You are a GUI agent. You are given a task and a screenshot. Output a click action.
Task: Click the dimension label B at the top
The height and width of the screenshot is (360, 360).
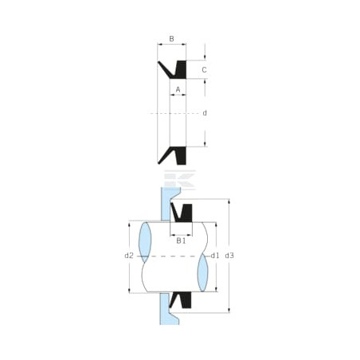click(171, 39)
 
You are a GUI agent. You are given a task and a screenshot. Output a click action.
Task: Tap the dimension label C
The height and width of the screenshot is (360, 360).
click(204, 70)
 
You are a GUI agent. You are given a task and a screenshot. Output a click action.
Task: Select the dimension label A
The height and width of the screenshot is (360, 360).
click(178, 90)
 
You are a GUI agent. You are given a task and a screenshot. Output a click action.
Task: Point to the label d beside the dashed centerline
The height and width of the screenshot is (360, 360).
click(205, 113)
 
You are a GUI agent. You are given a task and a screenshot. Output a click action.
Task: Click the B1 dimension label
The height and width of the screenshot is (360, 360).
click(181, 241)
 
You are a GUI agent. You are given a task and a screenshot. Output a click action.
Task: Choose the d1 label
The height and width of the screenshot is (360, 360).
click(215, 256)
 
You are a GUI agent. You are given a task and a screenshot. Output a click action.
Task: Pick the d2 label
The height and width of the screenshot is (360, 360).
click(129, 256)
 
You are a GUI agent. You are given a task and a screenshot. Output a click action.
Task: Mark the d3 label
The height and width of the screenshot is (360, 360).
click(229, 256)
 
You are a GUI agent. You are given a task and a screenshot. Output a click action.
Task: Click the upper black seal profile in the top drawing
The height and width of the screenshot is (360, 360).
click(179, 70)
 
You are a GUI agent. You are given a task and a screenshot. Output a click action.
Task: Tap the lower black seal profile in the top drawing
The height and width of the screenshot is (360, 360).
click(179, 155)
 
